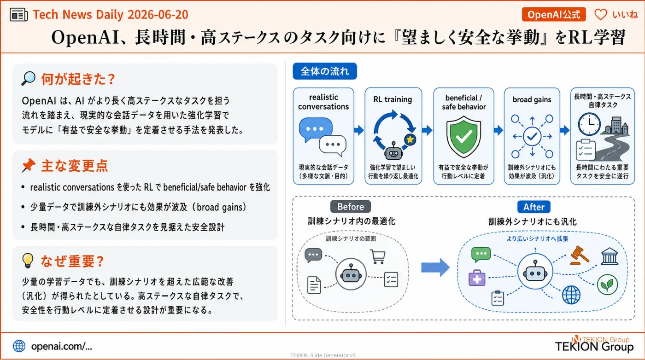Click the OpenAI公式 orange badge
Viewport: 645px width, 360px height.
[553, 14]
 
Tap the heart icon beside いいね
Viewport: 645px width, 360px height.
[600, 14]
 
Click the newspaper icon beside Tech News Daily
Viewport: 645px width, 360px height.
[19, 15]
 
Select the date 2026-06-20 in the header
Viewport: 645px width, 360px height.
[158, 14]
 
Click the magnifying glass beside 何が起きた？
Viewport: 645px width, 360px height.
[28, 78]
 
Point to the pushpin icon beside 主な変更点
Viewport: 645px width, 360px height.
[29, 165]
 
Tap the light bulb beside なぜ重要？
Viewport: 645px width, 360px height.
[28, 261]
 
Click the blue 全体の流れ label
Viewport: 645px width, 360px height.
[325, 71]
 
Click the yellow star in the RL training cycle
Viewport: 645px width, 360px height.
[410, 139]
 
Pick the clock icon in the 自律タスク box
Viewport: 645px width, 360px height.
[589, 124]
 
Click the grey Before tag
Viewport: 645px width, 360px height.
[351, 207]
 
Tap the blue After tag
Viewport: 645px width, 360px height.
[534, 207]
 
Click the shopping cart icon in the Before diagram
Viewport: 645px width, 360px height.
[378, 256]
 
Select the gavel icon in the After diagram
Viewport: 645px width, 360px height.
[580, 255]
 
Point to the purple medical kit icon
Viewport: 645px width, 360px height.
[477, 278]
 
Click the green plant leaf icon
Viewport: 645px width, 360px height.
[607, 285]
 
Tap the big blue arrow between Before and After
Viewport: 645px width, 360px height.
[435, 267]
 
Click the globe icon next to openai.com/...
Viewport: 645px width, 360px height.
[19, 346]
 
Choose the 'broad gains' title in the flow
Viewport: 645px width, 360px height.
[532, 99]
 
